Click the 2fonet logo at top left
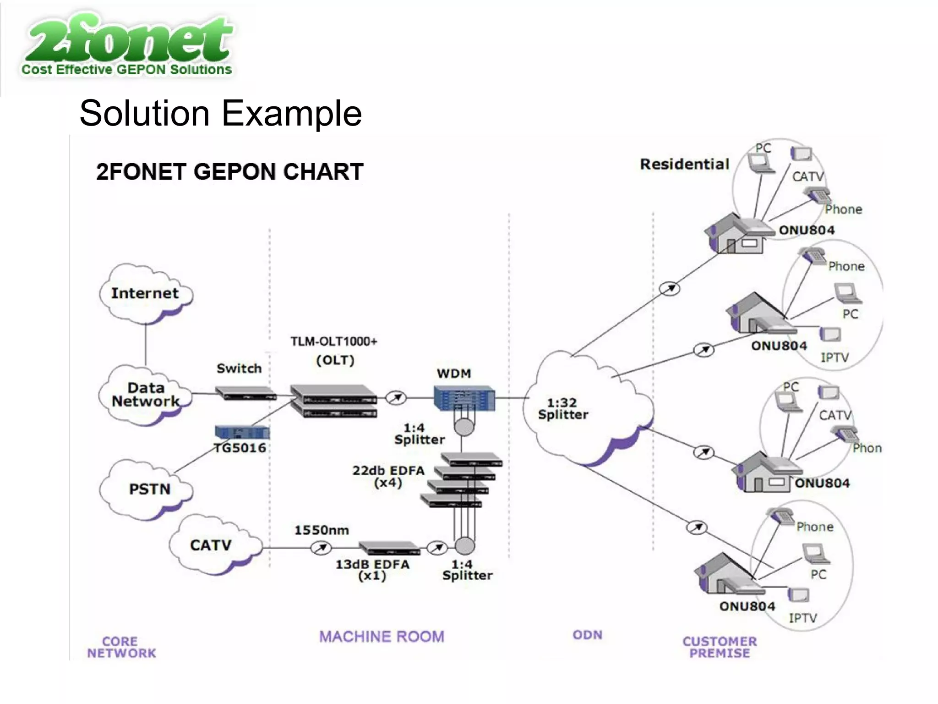[x=127, y=45]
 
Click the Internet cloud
[x=145, y=293]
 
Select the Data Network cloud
[x=146, y=395]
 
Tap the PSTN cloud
[x=149, y=489]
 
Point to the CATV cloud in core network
[x=211, y=545]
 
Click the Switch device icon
[x=245, y=393]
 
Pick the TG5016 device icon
[x=242, y=432]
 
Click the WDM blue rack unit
[x=464, y=398]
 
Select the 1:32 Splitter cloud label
[x=563, y=408]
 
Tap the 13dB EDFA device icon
[x=389, y=548]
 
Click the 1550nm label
[x=322, y=530]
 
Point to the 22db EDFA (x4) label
[x=388, y=476]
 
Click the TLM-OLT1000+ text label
[x=333, y=341]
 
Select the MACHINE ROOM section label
[x=382, y=637]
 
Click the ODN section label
[x=587, y=635]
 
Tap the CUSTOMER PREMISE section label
[x=720, y=647]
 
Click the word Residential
[x=684, y=164]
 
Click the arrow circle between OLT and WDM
[x=396, y=398]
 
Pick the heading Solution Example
[x=221, y=113]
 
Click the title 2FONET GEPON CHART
[x=229, y=172]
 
